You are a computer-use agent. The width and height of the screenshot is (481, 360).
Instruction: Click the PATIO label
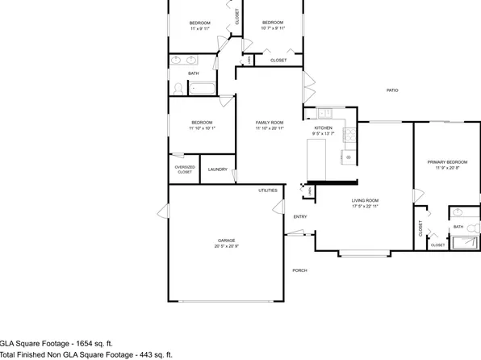tap(391, 90)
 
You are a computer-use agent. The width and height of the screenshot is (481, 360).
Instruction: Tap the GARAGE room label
tap(226, 240)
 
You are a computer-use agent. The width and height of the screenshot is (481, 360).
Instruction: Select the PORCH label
tap(299, 270)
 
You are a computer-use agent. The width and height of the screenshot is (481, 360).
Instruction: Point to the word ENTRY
tap(299, 216)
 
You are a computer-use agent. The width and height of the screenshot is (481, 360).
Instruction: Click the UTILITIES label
tap(268, 190)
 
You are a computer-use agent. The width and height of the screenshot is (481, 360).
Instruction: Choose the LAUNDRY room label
tap(217, 170)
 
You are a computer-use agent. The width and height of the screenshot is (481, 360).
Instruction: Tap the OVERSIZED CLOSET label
tap(184, 170)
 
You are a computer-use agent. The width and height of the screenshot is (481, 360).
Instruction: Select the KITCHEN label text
tap(323, 128)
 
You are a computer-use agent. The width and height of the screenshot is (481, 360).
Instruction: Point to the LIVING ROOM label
tap(365, 200)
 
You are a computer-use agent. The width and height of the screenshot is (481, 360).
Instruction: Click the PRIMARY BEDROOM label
tap(442, 162)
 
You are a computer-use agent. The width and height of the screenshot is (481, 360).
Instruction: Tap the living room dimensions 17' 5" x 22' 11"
tap(365, 207)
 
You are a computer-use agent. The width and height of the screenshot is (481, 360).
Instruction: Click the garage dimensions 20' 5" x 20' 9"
tap(226, 246)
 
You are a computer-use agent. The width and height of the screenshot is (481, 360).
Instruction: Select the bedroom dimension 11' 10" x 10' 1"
tap(202, 128)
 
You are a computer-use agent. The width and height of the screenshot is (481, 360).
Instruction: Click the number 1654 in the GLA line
tap(78, 341)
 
